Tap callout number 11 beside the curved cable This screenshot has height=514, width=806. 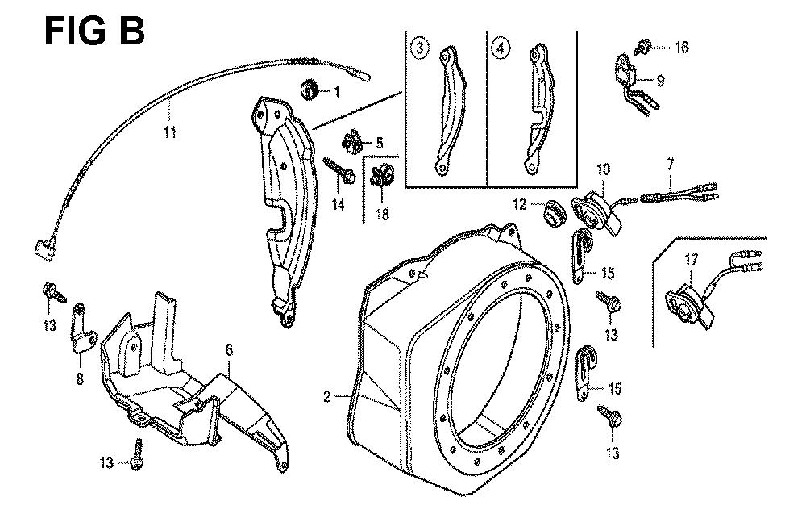pyautogui.click(x=170, y=133)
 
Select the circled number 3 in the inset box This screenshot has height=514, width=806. pyautogui.click(x=419, y=48)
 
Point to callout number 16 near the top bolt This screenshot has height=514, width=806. pyautogui.click(x=681, y=48)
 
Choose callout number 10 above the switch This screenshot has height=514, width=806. pyautogui.click(x=604, y=169)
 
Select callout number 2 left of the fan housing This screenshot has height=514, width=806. pyautogui.click(x=326, y=396)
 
